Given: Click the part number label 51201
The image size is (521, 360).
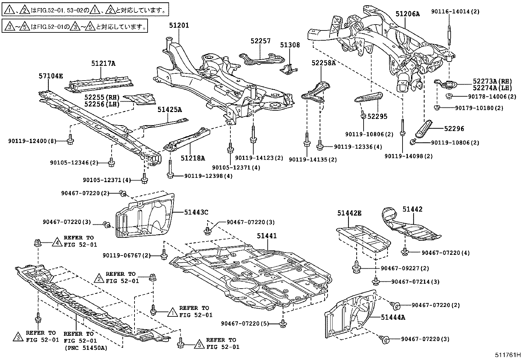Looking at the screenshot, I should coord(179,25).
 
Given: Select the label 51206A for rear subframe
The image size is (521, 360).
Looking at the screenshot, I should coord(407,14).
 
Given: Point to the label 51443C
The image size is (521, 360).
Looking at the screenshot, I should coord(196,212).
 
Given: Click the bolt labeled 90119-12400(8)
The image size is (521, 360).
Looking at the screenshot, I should coord(70,141).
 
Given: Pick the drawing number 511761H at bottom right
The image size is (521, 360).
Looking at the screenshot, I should coord(507,355).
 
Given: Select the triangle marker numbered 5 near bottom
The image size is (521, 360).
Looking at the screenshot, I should coord(198,345).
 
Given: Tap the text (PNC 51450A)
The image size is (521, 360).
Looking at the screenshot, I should coord(86,348).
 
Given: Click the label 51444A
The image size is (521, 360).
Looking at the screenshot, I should coord(393,317).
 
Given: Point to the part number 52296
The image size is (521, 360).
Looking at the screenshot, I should coord(454,129).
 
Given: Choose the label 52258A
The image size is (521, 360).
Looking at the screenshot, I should coord(323,63).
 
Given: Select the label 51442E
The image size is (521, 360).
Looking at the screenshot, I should coord(350,213).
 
